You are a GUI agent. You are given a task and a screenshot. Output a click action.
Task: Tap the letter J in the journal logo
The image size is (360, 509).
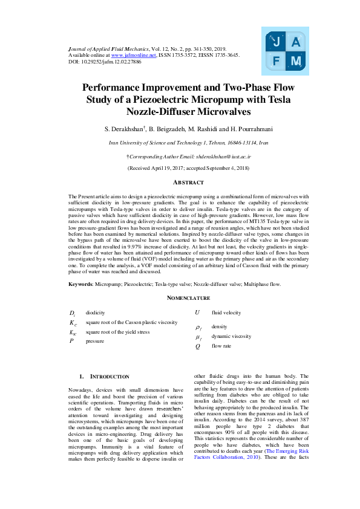pos(276,42)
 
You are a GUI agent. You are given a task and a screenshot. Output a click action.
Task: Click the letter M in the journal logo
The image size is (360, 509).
pos(295,62)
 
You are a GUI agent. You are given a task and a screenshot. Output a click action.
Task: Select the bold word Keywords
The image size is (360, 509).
pos(80,284)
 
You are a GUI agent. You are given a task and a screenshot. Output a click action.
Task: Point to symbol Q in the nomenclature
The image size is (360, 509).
pos(197,347)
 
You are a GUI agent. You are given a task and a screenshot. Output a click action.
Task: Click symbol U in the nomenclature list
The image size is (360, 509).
pos(197,313)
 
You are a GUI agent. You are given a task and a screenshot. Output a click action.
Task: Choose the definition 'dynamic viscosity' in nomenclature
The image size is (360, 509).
pos(231,336)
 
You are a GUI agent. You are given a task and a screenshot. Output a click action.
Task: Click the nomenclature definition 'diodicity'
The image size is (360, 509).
pos(95,313)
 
